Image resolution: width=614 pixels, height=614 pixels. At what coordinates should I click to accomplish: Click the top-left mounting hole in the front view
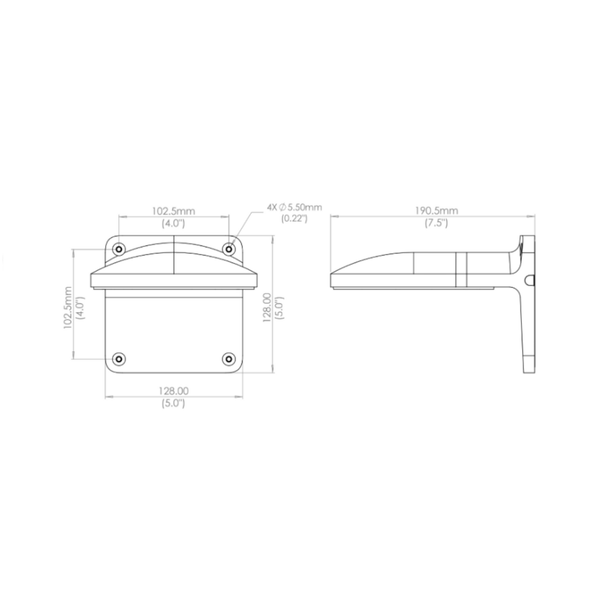119,249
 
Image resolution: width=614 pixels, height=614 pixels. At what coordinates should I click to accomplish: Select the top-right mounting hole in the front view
229,249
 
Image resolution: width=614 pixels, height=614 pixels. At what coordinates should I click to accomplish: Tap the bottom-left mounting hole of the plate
119,359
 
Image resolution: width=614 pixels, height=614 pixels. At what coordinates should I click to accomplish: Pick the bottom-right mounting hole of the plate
229,359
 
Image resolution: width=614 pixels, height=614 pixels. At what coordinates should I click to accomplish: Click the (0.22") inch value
294,218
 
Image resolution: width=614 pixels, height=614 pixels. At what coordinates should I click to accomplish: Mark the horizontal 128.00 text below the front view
173,391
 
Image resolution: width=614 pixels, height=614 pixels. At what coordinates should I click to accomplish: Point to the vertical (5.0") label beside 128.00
279,309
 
